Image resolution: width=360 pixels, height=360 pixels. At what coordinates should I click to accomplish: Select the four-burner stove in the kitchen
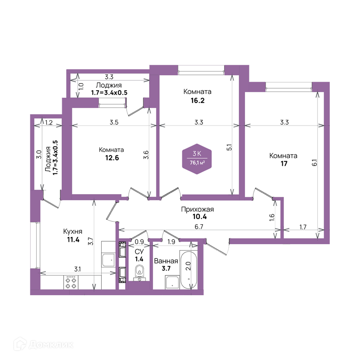point(71,282)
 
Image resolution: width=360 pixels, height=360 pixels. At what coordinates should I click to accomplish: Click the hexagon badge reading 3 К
point(197,159)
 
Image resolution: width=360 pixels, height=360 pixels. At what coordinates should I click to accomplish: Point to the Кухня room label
point(73,231)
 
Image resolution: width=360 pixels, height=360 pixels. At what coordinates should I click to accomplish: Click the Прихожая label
point(197,210)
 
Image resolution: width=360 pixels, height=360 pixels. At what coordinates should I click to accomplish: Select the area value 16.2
point(197,100)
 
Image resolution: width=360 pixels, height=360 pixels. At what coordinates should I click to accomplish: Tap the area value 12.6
point(112,158)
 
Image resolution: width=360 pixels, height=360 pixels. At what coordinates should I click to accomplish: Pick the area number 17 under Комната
point(284,164)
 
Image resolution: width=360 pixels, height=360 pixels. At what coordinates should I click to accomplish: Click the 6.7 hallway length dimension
point(199,226)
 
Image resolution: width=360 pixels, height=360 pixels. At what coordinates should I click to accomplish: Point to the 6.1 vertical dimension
point(315,163)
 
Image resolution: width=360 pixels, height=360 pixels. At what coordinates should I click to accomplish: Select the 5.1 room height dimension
point(229,147)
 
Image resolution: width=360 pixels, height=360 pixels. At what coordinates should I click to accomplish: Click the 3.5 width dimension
point(114,122)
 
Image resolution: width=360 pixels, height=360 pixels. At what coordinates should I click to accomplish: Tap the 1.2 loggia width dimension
point(49,122)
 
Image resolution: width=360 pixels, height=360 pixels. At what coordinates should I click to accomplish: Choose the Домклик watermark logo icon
point(20,344)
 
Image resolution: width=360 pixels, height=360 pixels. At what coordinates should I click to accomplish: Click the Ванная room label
point(166,261)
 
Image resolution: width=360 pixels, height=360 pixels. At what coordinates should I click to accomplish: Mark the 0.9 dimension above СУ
point(139,242)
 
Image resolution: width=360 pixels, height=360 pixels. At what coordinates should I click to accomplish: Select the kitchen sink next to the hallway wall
point(108,260)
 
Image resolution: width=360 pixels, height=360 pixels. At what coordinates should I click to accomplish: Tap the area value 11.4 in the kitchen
point(73,240)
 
